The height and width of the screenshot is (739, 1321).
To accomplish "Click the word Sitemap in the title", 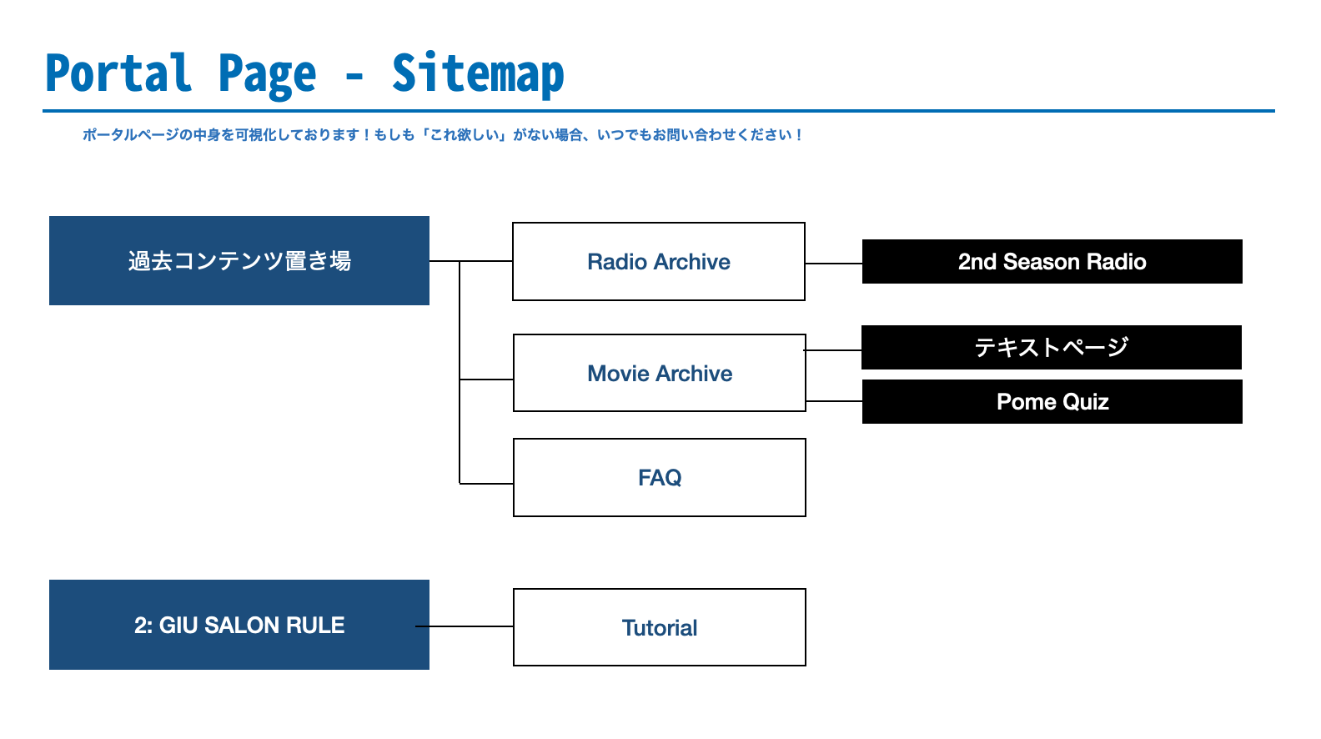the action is point(478,73).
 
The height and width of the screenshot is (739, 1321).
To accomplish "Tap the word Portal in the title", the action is point(118,73).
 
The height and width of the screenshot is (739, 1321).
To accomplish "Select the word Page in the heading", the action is point(267,76).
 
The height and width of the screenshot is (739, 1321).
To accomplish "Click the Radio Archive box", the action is point(659,261).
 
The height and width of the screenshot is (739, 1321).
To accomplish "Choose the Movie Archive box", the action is point(660,373).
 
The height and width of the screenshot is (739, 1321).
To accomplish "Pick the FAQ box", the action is point(660,477).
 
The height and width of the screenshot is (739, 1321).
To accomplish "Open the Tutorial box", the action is point(660,627).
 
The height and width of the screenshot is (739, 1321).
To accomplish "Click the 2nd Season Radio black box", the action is point(1052,261).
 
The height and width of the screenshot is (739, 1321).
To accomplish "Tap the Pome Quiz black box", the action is point(1052,402).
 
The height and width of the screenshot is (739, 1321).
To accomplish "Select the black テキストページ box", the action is point(1052,347).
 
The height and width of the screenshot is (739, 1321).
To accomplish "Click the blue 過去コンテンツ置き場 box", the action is point(239,261).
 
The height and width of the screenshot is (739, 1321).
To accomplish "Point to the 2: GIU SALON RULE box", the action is point(239,625).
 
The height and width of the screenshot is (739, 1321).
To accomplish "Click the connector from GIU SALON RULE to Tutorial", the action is point(465,626).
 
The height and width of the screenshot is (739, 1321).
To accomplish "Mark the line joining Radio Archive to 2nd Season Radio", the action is point(834,264).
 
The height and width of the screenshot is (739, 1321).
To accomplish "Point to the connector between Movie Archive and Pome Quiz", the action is point(834,401).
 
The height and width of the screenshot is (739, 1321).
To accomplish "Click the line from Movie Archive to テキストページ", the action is point(832,350).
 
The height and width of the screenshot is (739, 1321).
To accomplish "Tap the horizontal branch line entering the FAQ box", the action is point(486,484).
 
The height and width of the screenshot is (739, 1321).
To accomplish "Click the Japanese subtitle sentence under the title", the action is point(443,135).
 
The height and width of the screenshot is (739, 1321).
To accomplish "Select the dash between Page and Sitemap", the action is point(354,76).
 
